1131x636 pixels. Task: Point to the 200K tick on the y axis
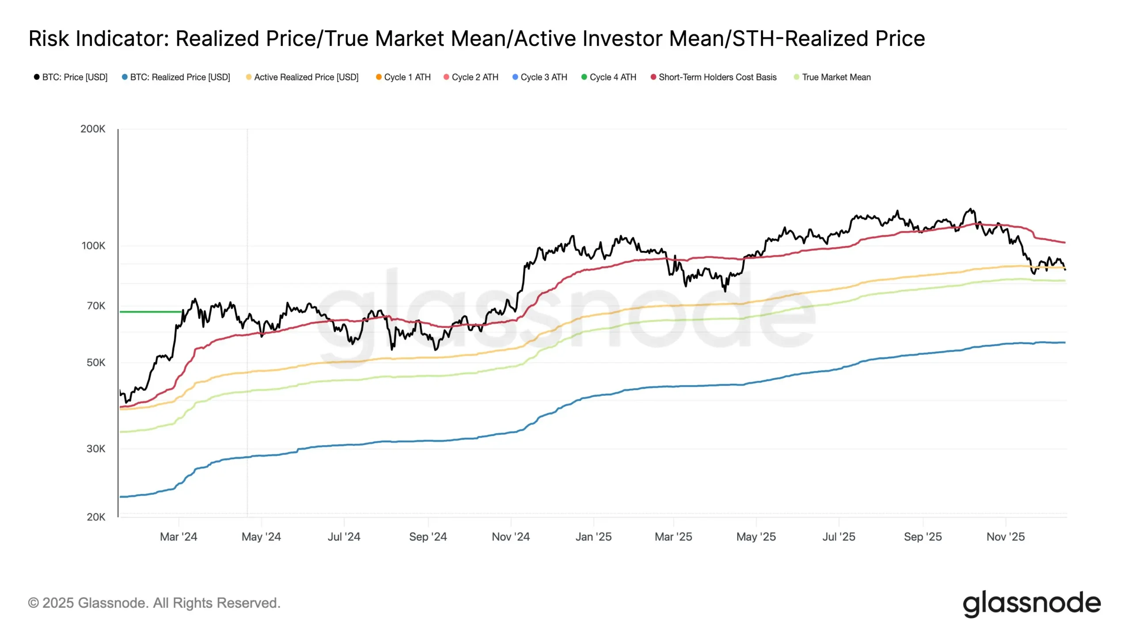(x=93, y=129)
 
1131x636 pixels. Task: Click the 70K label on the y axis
(x=96, y=306)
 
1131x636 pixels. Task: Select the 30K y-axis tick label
(x=96, y=449)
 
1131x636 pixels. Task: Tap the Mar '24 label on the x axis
(x=178, y=537)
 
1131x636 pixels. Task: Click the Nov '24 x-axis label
(x=511, y=537)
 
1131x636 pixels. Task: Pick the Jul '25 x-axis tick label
(x=839, y=537)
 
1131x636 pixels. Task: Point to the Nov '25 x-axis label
(x=1006, y=537)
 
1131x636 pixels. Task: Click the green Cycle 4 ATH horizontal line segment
(x=150, y=312)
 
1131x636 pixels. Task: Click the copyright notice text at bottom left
(x=154, y=603)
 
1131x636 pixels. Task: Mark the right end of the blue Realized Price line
(x=1064, y=343)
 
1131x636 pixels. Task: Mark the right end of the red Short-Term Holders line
(x=1064, y=242)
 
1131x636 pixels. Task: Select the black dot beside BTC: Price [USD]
(x=37, y=77)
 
